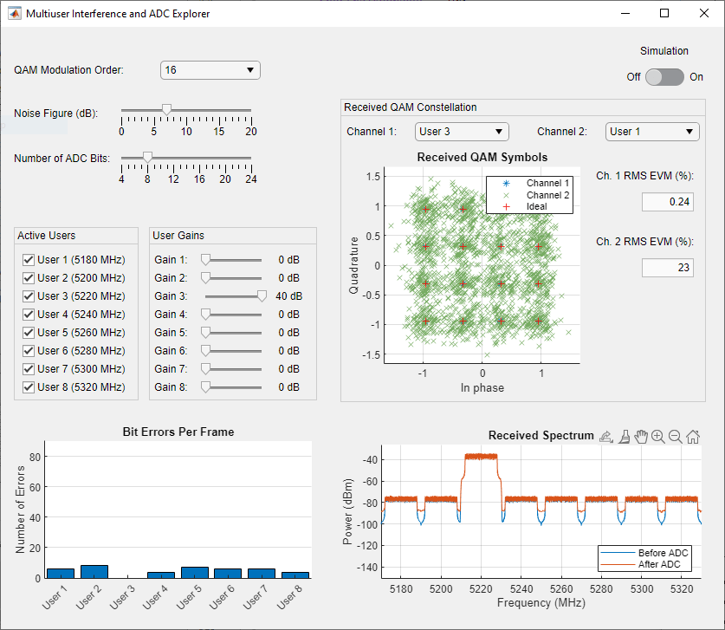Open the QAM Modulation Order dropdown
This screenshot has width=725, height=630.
[x=210, y=70]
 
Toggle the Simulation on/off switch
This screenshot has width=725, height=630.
[x=664, y=77]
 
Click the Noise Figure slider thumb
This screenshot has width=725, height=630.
[x=166, y=109]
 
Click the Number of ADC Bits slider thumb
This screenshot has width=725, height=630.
[x=147, y=157]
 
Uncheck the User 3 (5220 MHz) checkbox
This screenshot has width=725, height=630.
[x=29, y=296]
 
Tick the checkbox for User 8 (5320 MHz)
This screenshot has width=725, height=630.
[x=29, y=387]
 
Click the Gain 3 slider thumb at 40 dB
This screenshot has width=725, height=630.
[x=262, y=296]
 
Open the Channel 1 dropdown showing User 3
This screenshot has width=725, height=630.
[x=461, y=132]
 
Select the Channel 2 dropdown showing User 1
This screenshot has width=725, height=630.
[x=651, y=132]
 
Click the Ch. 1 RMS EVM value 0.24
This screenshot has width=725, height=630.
[x=667, y=202]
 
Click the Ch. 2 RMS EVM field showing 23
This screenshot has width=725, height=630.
[x=667, y=268]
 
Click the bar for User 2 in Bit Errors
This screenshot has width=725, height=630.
[x=94, y=572]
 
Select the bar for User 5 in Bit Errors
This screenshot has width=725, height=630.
[x=194, y=573]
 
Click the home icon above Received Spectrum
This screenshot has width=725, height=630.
[x=693, y=437]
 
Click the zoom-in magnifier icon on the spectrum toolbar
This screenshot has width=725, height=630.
[x=658, y=437]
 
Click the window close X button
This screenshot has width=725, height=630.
[x=703, y=13]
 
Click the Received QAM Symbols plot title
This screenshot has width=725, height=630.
[x=482, y=158]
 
